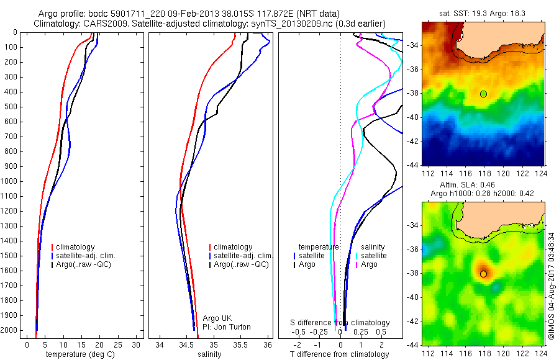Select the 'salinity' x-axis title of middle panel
(x=209, y=355)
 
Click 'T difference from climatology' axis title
(x=339, y=355)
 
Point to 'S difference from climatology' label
(x=340, y=323)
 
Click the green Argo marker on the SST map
(x=483, y=94)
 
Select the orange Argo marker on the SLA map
(x=483, y=274)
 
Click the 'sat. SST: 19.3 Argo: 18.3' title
(x=482, y=12)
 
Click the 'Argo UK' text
(x=217, y=318)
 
